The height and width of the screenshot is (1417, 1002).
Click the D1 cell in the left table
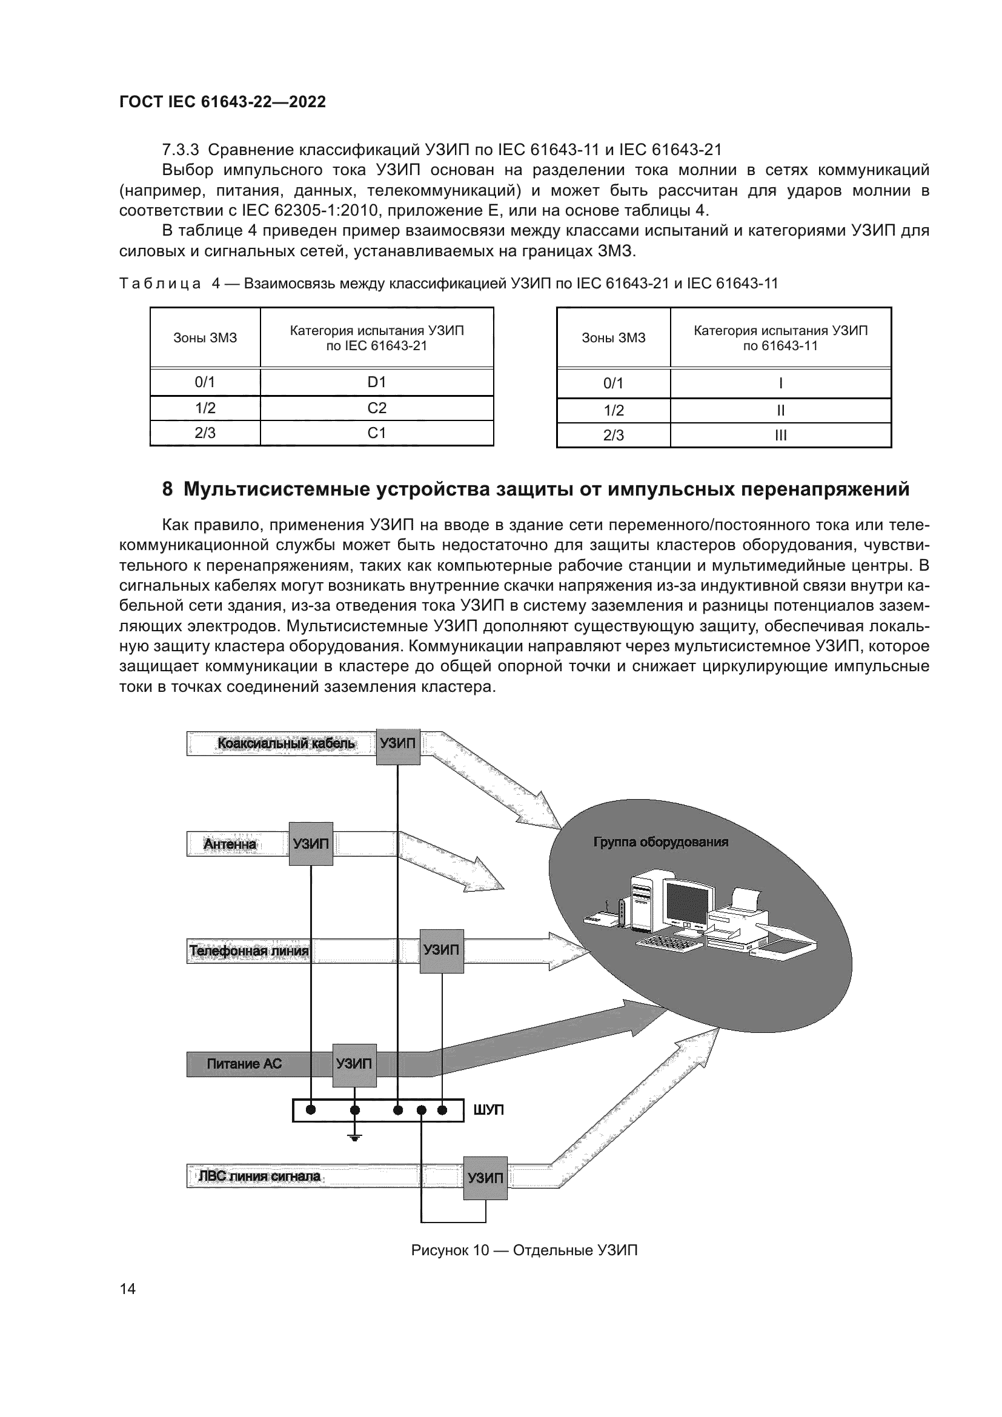click(376, 382)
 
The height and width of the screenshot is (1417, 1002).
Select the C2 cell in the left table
click(376, 408)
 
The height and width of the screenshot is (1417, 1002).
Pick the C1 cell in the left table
click(376, 433)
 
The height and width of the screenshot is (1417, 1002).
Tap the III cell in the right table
click(780, 435)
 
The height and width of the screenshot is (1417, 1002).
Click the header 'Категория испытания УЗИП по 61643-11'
click(780, 337)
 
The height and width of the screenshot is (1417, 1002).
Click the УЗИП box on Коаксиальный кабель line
click(398, 743)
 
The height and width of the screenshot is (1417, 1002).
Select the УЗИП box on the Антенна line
click(311, 844)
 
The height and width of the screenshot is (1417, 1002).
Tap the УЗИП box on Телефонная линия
click(442, 950)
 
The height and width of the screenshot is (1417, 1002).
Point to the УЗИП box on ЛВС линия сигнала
click(485, 1178)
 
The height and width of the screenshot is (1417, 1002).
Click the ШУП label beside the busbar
click(489, 1110)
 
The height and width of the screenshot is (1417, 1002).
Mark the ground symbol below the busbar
click(355, 1138)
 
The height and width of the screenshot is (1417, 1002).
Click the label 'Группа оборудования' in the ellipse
click(661, 843)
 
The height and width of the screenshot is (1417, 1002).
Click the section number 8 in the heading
click(167, 489)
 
